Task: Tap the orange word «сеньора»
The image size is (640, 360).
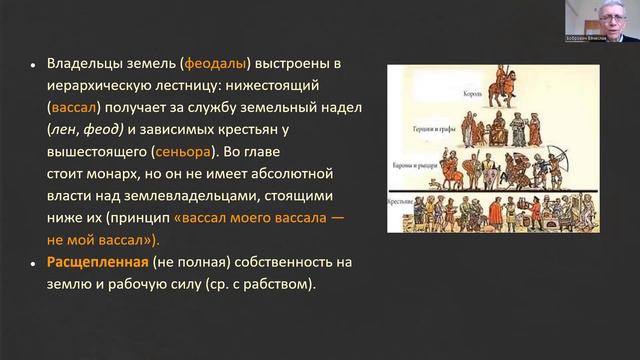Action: pos(185,152)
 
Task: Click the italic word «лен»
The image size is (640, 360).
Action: pos(64,130)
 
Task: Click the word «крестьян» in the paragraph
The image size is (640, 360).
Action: pos(275,130)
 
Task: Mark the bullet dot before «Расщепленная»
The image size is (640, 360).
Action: pos(35,262)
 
